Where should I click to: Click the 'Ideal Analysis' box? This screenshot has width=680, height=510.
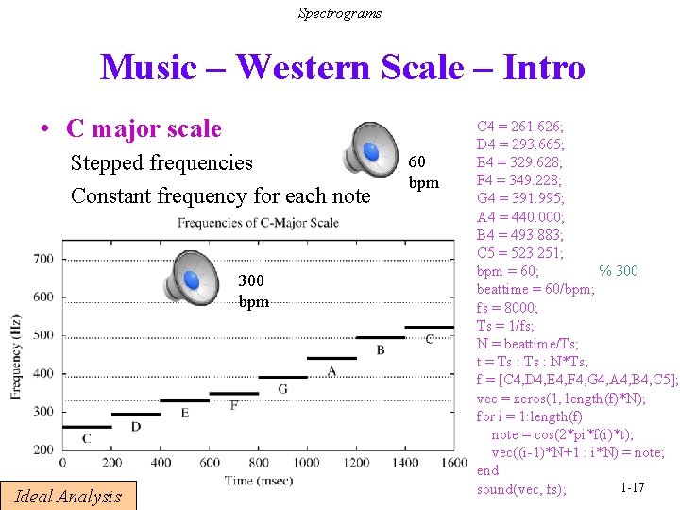pos(68,496)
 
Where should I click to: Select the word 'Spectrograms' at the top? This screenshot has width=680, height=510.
pos(340,12)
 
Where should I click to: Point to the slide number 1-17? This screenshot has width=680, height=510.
pos(632,487)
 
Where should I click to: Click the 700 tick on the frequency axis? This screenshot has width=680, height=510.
pos(43,259)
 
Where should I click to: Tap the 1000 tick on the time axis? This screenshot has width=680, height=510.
pos(306,463)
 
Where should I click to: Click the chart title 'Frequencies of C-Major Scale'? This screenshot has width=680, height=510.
pos(257,223)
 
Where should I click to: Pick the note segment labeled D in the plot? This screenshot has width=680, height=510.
pos(136,414)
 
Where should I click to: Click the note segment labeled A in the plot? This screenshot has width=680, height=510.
pos(331,358)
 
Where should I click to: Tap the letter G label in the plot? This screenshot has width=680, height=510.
pos(282,389)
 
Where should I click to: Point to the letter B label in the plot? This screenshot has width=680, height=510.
pos(380,349)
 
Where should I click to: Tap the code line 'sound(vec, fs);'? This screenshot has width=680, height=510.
pos(521,489)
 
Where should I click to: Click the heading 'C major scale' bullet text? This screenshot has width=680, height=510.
pos(144,129)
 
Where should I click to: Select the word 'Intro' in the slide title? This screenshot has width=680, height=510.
pos(544,68)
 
